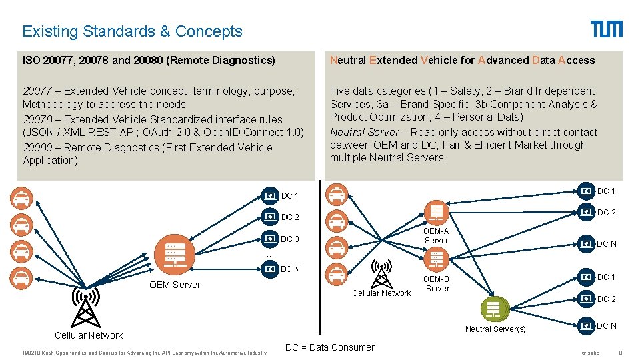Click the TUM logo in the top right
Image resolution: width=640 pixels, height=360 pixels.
(606, 29)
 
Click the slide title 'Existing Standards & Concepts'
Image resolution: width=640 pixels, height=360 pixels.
(132, 31)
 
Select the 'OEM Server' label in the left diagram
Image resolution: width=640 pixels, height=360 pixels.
(175, 285)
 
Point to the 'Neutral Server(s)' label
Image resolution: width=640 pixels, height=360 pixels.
(495, 329)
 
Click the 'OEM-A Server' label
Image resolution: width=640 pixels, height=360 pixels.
(436, 235)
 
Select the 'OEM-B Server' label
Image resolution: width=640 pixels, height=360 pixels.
(437, 283)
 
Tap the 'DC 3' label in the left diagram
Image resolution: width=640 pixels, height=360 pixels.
(290, 239)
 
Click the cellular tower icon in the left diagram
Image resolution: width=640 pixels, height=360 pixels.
(86, 309)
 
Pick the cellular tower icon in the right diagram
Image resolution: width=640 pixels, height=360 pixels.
(381, 273)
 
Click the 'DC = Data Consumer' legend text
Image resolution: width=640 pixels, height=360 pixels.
(329, 347)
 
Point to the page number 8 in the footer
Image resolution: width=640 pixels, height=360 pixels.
(620, 352)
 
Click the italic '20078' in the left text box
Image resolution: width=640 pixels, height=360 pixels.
(37, 119)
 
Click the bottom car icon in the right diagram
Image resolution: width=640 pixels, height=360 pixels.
(337, 273)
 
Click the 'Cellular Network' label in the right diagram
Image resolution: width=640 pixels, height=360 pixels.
(381, 293)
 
